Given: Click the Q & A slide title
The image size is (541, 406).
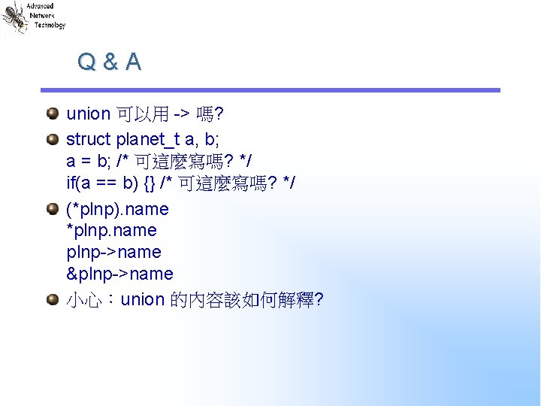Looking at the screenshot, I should [109, 62].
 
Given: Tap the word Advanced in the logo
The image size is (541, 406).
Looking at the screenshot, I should [40, 6].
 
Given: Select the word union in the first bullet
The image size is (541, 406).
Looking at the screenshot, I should [88, 114].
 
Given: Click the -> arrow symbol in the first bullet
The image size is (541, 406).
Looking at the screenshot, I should [181, 114].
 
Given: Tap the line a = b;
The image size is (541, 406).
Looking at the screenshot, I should [89, 161].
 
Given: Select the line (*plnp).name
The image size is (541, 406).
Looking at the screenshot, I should [117, 209].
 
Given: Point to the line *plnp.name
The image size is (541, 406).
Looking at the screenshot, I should [111, 230].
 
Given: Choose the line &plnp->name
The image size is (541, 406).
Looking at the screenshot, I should [119, 274].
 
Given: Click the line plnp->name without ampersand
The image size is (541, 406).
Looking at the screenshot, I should [113, 252].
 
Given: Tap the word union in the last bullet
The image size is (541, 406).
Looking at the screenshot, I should [142, 300].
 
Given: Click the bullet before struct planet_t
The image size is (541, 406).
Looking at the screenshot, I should [50, 139].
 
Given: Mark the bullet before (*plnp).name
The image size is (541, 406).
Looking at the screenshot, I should [50, 208].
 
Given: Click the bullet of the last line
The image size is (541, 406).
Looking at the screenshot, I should [50, 299].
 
